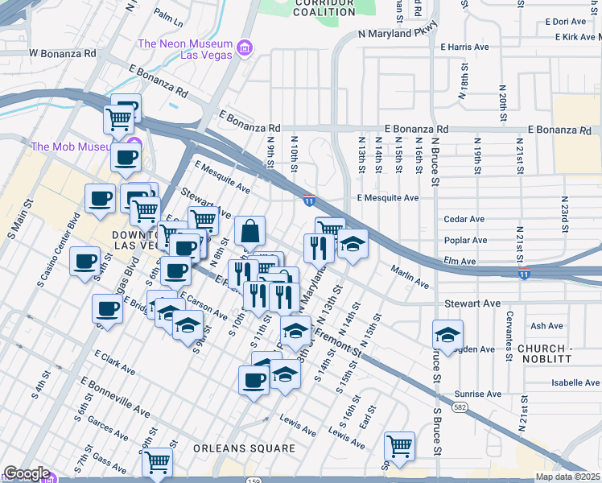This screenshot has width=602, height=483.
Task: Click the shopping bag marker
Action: pos(250,231)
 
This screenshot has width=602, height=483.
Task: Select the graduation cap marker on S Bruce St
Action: pos(447,334)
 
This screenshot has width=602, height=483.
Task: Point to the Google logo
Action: pos(26,473)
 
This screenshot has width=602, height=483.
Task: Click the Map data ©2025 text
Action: pos(567,477)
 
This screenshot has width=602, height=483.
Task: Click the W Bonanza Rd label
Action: pos(62,53)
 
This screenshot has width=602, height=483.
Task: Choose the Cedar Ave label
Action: pos(464,219)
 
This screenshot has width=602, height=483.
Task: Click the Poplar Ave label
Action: pos(465,240)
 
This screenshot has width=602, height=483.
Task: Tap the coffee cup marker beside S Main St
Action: pos(86,262)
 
